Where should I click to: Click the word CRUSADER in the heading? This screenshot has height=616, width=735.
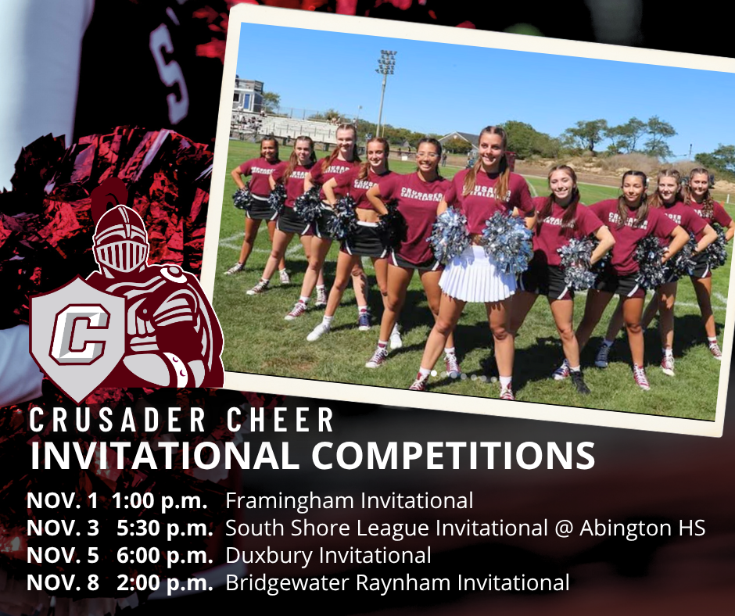coord(117,420)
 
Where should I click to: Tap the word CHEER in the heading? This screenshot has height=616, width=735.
coord(280,420)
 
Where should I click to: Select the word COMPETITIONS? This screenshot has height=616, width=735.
coord(454,455)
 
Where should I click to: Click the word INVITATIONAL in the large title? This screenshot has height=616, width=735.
coord(164,455)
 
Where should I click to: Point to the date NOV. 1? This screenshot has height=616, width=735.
coord(63,500)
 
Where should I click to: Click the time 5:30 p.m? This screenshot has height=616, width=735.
coord(165,528)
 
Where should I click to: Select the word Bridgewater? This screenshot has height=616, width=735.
coord(288,583)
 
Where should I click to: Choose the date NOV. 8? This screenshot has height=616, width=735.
coord(63,582)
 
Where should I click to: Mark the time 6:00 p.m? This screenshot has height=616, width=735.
coord(165,556)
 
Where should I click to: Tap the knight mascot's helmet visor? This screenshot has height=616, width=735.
coord(121,256)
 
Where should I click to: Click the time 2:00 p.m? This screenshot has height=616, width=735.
coord(165,583)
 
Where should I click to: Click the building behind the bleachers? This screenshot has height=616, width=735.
coord(248,95)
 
